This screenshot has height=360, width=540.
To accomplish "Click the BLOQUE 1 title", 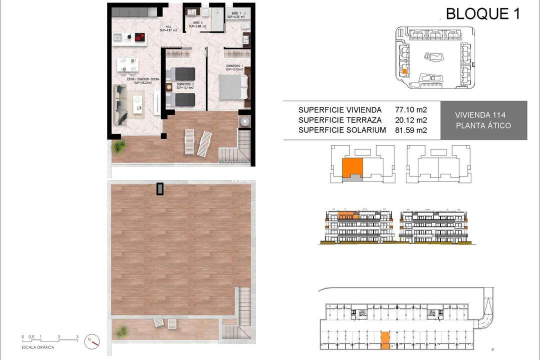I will (482, 13).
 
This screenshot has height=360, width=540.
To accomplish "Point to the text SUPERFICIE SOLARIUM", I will (342, 130).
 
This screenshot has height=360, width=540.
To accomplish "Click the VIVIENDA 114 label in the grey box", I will (483, 115).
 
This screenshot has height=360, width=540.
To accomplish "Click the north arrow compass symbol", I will (92, 340).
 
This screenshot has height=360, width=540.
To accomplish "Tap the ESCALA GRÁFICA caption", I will (38, 346).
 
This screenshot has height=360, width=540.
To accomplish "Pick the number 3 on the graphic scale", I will (77, 336).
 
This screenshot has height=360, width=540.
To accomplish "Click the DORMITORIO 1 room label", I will (233, 67).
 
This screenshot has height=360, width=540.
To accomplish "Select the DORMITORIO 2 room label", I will (180, 85).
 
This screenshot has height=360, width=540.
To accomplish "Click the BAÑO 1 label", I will (236, 15).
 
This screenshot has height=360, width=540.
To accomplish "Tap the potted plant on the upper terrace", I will (119, 146).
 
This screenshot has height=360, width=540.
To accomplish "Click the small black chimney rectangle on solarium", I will (160, 188).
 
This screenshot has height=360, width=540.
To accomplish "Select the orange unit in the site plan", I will (404, 71).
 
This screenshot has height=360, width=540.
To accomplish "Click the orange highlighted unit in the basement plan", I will (385, 340).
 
